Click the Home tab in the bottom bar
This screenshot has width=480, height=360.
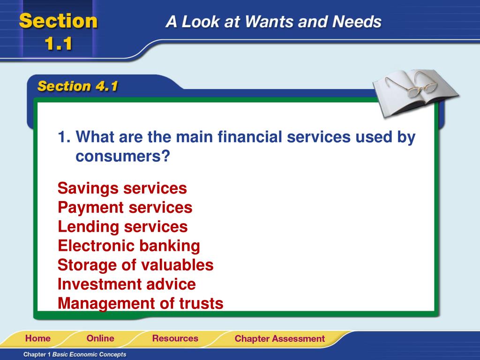pyautogui.click(x=37, y=338)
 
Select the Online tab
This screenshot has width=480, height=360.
pyautogui.click(x=100, y=338)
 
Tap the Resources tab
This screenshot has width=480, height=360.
pyautogui.click(x=175, y=338)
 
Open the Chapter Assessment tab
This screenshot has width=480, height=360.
pyautogui.click(x=279, y=338)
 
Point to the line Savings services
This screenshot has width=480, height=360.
pyautogui.click(x=122, y=188)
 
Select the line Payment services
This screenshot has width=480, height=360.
pyautogui.click(x=125, y=208)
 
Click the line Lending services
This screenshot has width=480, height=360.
pyautogui.click(x=122, y=227)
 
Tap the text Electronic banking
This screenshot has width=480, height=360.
pyautogui.click(x=128, y=246)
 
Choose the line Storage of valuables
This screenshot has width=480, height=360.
pyautogui.click(x=135, y=265)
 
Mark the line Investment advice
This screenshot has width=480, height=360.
pyautogui.click(x=127, y=285)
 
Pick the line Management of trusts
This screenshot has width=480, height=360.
pyautogui.click(x=140, y=304)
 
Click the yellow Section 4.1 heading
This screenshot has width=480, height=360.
pyautogui.click(x=78, y=86)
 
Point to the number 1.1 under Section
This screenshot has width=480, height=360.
pyautogui.click(x=59, y=44)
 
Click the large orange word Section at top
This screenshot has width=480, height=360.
pyautogui.click(x=59, y=21)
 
